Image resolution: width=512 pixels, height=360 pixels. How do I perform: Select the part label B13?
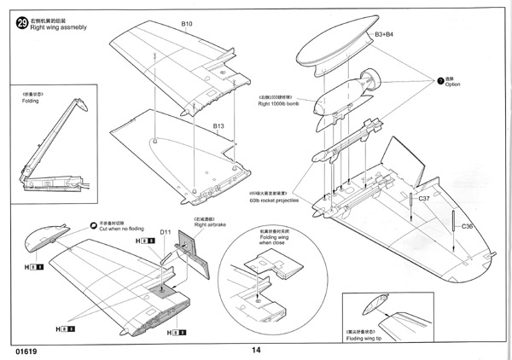pyautogui.click(x=218, y=126)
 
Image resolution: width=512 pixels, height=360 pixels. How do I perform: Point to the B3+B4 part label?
pyautogui.click(x=385, y=34)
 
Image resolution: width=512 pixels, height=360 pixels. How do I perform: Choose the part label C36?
pyautogui.click(x=467, y=226)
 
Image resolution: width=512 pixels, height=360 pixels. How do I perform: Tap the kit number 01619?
pyautogui.click(x=26, y=350)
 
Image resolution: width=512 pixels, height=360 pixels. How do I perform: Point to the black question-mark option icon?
pyautogui.click(x=440, y=80)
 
